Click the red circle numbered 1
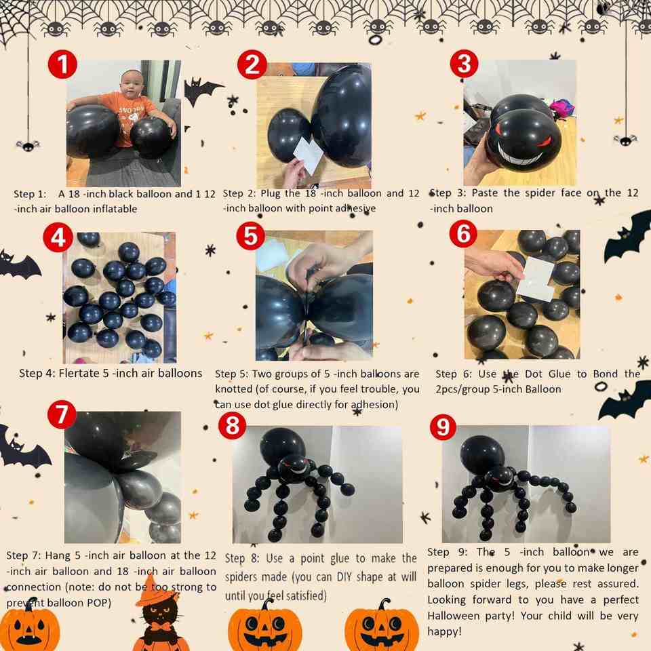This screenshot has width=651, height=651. point(62,64)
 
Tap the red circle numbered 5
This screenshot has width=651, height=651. point(250,236)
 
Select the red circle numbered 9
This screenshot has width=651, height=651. point(443,426)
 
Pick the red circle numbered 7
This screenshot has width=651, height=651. point(62,414)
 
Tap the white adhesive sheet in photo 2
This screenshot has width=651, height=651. point(308,155)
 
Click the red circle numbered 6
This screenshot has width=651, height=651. point(463,233)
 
